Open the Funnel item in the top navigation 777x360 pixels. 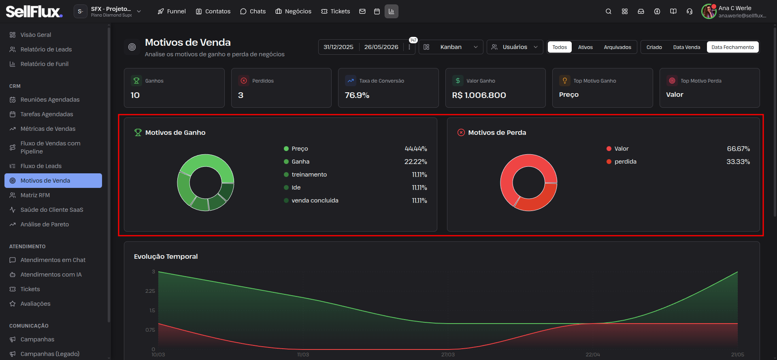tap(172, 11)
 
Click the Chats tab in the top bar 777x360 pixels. tap(253, 11)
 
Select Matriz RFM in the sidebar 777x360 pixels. tap(35, 195)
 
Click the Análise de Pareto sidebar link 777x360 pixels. tap(45, 224)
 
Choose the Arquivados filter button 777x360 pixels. tap(617, 47)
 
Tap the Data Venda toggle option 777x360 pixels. tap(686, 47)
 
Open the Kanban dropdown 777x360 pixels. tap(451, 47)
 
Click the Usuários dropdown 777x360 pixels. tap(515, 47)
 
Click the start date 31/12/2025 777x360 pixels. tap(338, 47)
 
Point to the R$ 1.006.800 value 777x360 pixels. tap(479, 95)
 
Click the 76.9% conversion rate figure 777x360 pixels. tap(357, 95)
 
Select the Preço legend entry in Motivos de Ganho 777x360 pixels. tap(300, 149)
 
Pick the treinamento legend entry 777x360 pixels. tap(309, 175)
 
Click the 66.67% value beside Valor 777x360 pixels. tap(738, 149)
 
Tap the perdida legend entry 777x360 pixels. tap(625, 162)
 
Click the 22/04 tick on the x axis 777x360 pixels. tap(593, 355)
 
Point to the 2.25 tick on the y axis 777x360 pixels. tap(150, 291)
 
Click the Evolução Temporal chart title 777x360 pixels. tap(166, 256)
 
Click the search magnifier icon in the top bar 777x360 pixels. tap(608, 11)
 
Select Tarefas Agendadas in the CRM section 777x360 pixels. tap(47, 114)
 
